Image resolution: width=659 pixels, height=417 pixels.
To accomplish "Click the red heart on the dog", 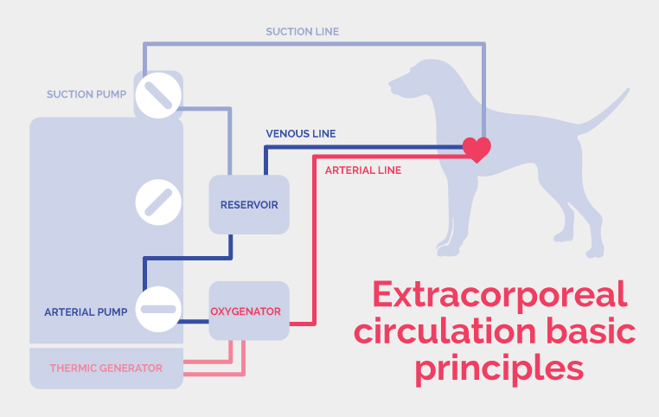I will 477,149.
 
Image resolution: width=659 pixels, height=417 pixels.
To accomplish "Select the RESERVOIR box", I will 249,204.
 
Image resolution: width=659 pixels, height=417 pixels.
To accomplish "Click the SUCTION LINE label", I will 302,31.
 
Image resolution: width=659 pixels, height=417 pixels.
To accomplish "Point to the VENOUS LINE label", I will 300,134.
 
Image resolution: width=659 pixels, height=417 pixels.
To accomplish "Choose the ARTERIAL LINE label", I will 363,170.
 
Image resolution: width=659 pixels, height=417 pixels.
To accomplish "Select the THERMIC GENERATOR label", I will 106,368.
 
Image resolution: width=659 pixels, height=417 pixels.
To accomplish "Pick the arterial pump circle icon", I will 158,310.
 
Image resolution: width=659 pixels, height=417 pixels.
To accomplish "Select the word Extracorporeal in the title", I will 499,295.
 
